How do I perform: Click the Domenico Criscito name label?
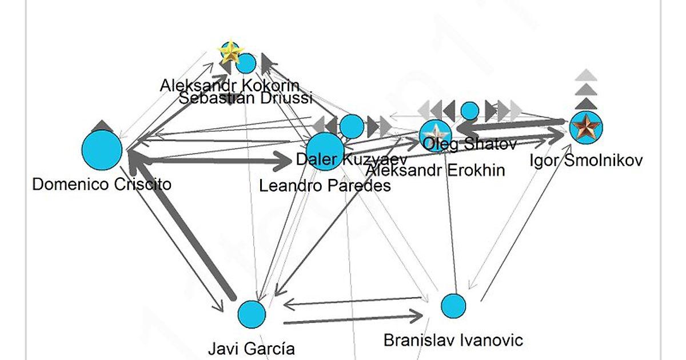click(x=102, y=184)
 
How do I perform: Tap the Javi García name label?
click(x=252, y=348)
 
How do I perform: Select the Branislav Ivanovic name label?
click(x=453, y=341)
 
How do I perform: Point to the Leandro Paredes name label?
click(x=325, y=186)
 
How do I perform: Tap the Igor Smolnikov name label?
click(x=585, y=160)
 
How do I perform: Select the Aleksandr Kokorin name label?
click(x=230, y=86)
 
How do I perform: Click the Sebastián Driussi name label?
click(x=246, y=98)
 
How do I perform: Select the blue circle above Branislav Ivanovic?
click(x=454, y=306)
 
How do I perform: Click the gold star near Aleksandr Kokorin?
click(x=231, y=53)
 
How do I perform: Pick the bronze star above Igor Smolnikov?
click(x=586, y=127)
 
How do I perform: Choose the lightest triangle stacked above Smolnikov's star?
click(x=586, y=75)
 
